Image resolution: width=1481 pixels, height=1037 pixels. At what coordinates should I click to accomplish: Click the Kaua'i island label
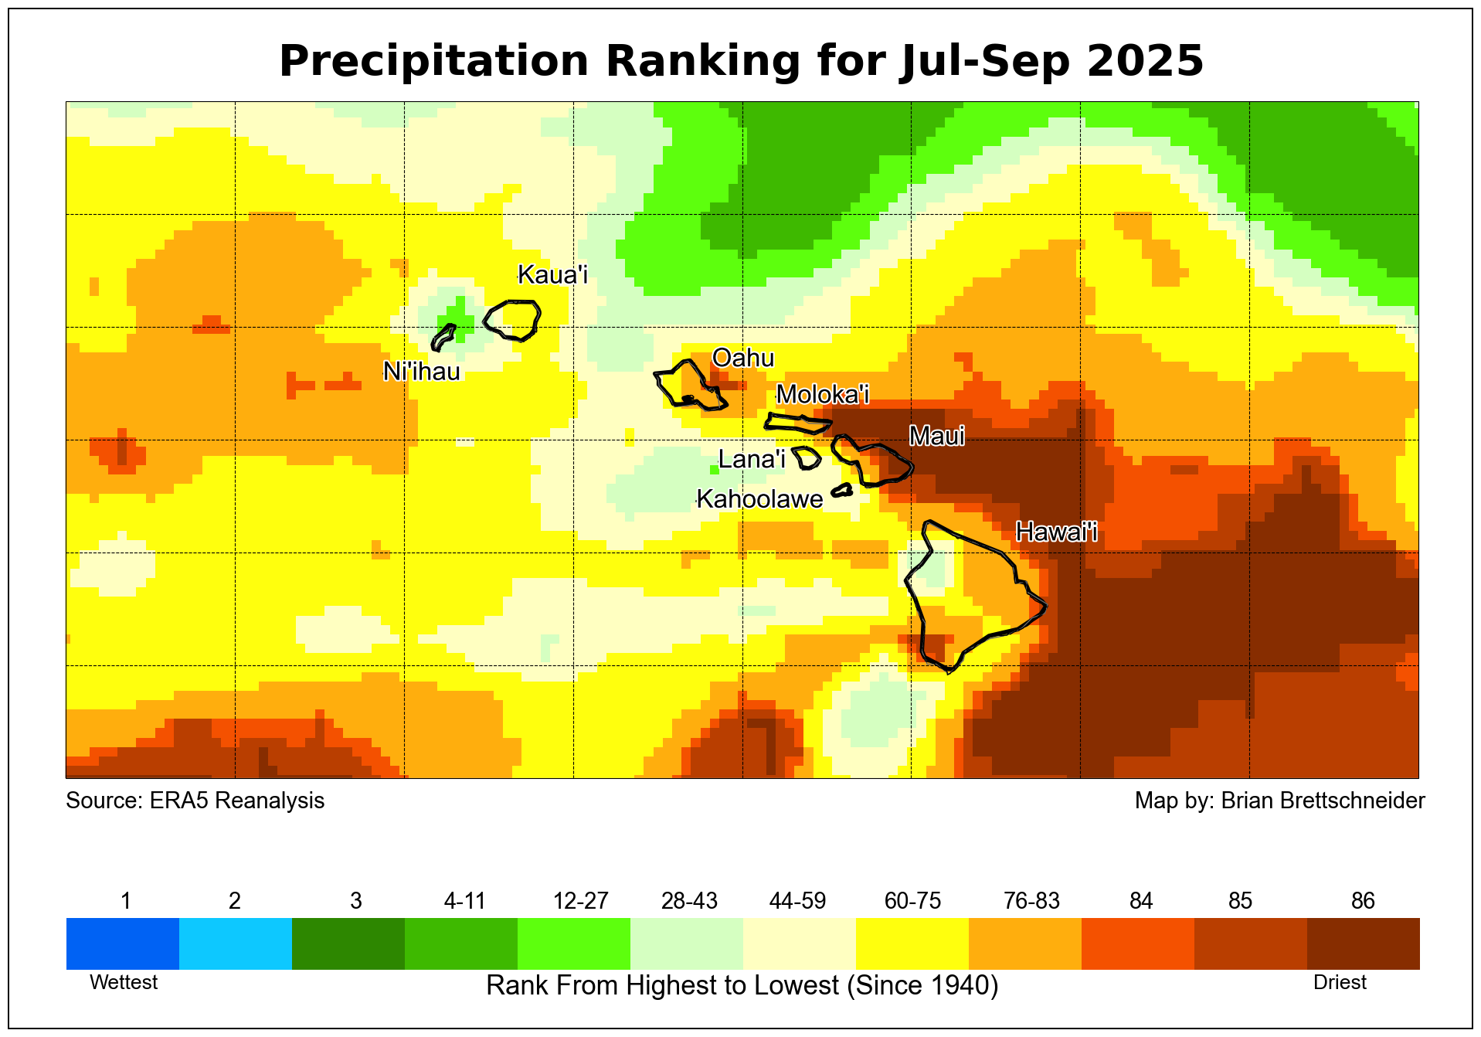pyautogui.click(x=552, y=274)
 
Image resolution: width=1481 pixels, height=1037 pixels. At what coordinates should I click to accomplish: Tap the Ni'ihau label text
pyautogui.click(x=422, y=372)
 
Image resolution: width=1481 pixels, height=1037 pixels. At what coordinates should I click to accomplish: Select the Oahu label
pyautogui.click(x=742, y=358)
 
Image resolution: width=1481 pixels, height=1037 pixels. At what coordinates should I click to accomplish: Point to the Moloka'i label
pyautogui.click(x=823, y=394)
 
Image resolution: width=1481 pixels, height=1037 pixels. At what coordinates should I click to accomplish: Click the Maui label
pyautogui.click(x=937, y=437)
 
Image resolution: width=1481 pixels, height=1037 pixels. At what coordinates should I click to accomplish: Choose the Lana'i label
pyautogui.click(x=752, y=459)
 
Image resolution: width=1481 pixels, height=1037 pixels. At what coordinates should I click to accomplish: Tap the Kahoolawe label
pyautogui.click(x=759, y=499)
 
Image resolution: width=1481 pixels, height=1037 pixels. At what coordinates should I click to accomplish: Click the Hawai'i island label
pyautogui.click(x=1056, y=532)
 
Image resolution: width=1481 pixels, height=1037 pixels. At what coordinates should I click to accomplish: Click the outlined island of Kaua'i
pyautogui.click(x=513, y=319)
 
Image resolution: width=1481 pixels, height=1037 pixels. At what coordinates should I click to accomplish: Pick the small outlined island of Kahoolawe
pyautogui.click(x=842, y=490)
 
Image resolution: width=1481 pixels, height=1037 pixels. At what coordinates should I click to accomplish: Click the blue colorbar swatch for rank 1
pyautogui.click(x=123, y=943)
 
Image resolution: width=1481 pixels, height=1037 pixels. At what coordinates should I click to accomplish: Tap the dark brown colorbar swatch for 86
pyautogui.click(x=1363, y=943)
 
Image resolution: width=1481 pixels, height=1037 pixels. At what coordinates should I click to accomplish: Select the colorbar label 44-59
pyautogui.click(x=797, y=901)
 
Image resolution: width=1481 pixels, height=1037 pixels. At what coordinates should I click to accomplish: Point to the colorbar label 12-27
pyautogui.click(x=581, y=901)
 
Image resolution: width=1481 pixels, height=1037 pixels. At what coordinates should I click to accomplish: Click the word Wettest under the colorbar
pyautogui.click(x=124, y=982)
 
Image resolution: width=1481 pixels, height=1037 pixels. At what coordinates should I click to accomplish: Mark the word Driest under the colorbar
pyautogui.click(x=1340, y=982)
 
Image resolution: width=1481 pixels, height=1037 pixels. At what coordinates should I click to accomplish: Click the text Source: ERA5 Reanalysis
pyautogui.click(x=195, y=801)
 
